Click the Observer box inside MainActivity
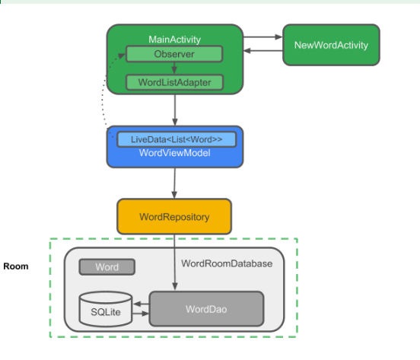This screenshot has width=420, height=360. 174,54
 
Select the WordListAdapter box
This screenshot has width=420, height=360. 174,82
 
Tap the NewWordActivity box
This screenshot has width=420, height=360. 331,45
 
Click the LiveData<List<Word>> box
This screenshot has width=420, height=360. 177,139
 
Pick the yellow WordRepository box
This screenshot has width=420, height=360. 174,216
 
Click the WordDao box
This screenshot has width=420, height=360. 206,309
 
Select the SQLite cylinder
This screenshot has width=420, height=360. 106,309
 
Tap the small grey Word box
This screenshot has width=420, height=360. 107,267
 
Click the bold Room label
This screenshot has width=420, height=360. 16,266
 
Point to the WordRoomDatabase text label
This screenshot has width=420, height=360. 227,263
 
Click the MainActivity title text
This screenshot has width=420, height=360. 175,40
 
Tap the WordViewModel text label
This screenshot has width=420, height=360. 175,153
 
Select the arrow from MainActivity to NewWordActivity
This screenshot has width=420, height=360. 262,37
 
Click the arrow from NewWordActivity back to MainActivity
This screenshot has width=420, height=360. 263,50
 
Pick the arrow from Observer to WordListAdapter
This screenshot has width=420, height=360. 174,68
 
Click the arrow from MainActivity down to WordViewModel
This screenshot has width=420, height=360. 175,110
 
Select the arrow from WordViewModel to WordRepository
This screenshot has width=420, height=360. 174,183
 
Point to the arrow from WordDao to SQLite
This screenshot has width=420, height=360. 141,304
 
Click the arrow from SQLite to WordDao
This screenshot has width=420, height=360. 141,314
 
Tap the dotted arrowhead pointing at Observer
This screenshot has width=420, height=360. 122,56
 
